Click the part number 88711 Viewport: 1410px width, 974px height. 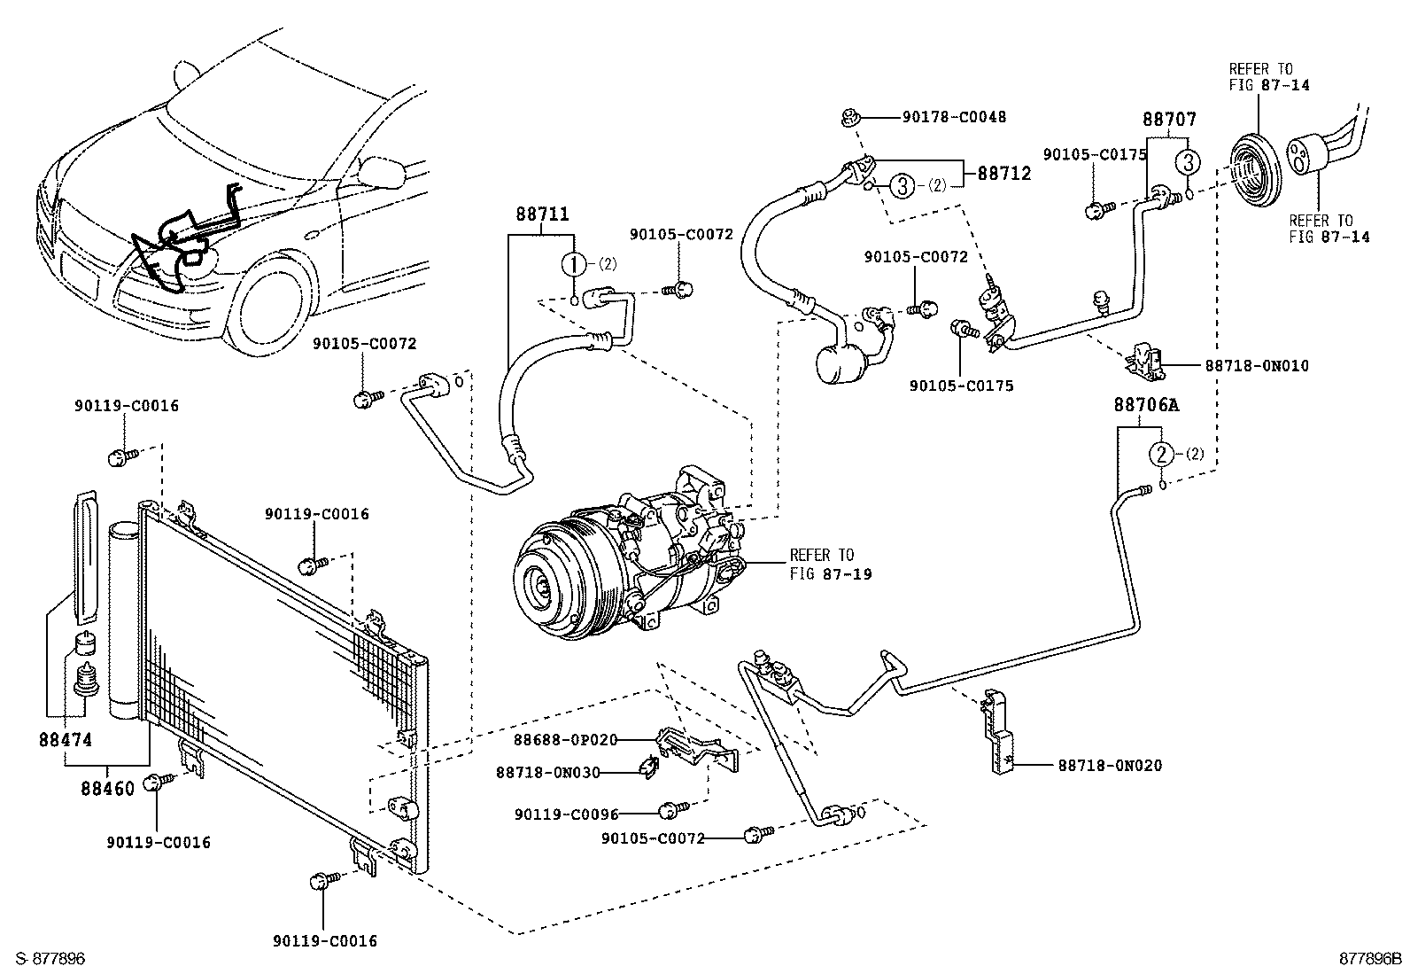(x=542, y=214)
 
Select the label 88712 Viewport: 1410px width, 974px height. (x=1004, y=174)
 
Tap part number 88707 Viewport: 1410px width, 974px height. (x=1168, y=120)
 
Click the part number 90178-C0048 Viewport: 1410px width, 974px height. (x=955, y=116)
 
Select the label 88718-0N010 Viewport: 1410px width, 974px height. (x=1256, y=365)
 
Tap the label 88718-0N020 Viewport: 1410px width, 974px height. (x=1109, y=765)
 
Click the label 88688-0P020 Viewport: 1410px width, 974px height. (x=565, y=739)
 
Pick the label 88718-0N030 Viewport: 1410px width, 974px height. (x=547, y=772)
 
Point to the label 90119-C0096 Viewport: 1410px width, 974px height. (x=566, y=814)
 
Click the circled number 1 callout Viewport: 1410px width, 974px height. (x=573, y=263)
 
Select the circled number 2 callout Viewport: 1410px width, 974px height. (x=1160, y=454)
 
